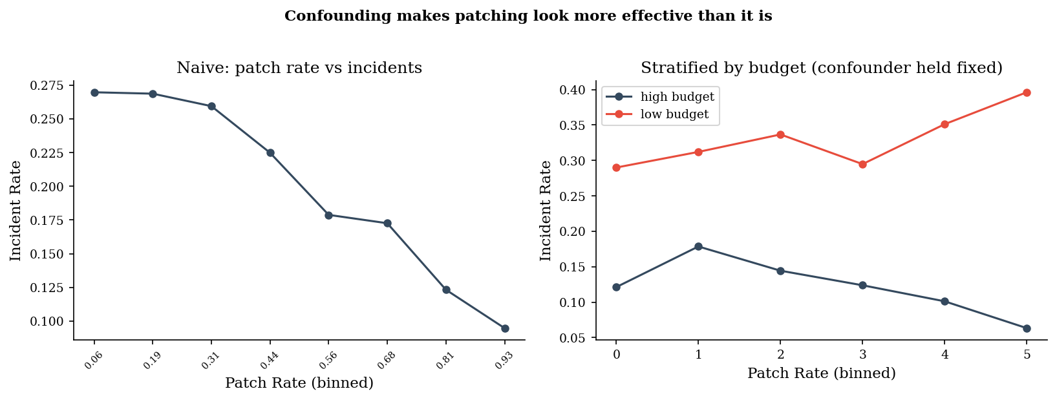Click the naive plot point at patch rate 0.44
point(270,153)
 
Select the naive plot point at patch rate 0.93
point(505,328)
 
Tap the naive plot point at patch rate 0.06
point(94,92)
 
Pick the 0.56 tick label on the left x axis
point(328,361)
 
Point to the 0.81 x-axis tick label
point(445,361)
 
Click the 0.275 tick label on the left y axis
point(47,85)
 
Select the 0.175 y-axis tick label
point(47,220)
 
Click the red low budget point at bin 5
point(1027,92)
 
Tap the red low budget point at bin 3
point(862,164)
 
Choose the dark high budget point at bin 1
point(698,246)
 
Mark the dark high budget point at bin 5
point(1027,328)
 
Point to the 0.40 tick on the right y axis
point(572,90)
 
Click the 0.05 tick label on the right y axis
point(572,338)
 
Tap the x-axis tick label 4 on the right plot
point(945,354)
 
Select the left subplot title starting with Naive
point(299,68)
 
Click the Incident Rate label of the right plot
point(546,211)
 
